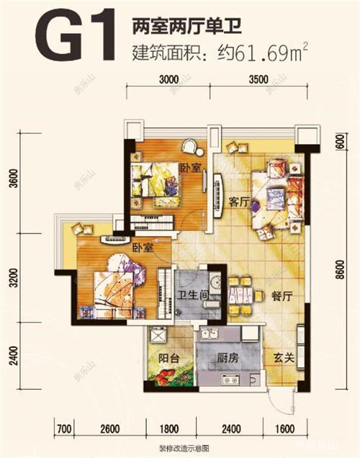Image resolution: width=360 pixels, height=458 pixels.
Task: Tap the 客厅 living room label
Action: pyautogui.click(x=238, y=204)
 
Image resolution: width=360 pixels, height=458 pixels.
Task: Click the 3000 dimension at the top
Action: pyautogui.click(x=169, y=81)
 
